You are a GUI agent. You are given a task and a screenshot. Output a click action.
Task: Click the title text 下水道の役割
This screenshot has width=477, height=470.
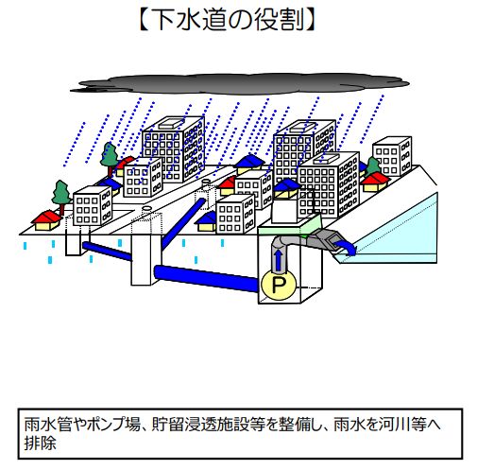227,19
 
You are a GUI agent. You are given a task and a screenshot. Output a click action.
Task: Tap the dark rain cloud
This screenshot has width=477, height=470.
239,83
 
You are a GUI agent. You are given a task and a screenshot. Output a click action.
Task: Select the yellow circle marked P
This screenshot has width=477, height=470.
279,286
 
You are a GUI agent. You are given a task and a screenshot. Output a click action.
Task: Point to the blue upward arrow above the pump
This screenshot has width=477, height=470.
278,259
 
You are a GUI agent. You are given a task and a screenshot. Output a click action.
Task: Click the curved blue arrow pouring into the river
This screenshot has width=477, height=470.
346,248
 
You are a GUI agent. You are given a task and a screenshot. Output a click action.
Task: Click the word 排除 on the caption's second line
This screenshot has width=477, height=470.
41,443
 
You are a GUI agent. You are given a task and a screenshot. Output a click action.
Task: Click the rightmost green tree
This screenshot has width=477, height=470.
373,166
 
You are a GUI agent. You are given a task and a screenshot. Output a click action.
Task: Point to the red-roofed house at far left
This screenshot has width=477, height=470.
47,219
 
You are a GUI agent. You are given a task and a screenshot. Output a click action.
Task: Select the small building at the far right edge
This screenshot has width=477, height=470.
392,156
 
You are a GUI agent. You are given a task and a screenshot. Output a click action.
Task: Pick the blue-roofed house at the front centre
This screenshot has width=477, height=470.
207,221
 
